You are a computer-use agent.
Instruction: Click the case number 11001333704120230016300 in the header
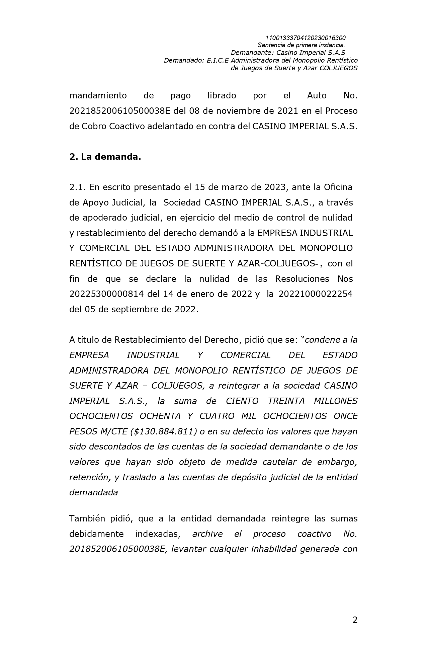(305, 38)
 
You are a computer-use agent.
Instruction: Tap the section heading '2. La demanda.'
(105, 157)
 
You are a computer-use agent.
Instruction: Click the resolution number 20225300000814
(106, 294)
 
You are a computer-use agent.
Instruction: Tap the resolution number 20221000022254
(315, 294)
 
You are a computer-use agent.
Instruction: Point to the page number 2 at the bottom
(355, 620)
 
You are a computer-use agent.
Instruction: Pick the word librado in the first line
(222, 95)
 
